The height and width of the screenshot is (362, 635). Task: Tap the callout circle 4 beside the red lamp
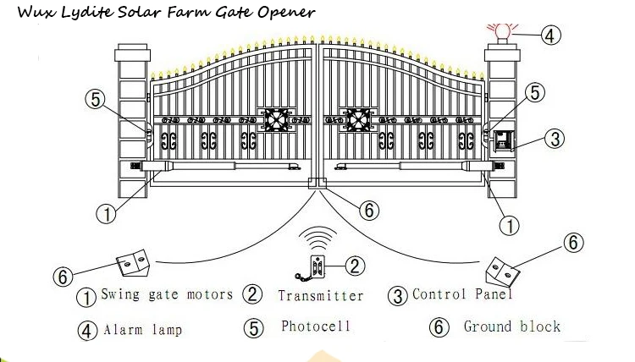550,35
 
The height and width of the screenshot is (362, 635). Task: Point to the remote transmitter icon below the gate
319,268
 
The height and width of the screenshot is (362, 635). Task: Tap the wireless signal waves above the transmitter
319,235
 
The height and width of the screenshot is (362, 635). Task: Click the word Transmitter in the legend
320,295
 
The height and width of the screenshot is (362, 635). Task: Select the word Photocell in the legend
316,326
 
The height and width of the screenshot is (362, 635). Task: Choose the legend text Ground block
511,326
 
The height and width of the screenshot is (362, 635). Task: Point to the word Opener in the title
288,13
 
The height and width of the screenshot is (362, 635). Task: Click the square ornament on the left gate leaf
278,119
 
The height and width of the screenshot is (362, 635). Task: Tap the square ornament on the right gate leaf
356,119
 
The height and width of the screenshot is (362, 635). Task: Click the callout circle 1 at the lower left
106,214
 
